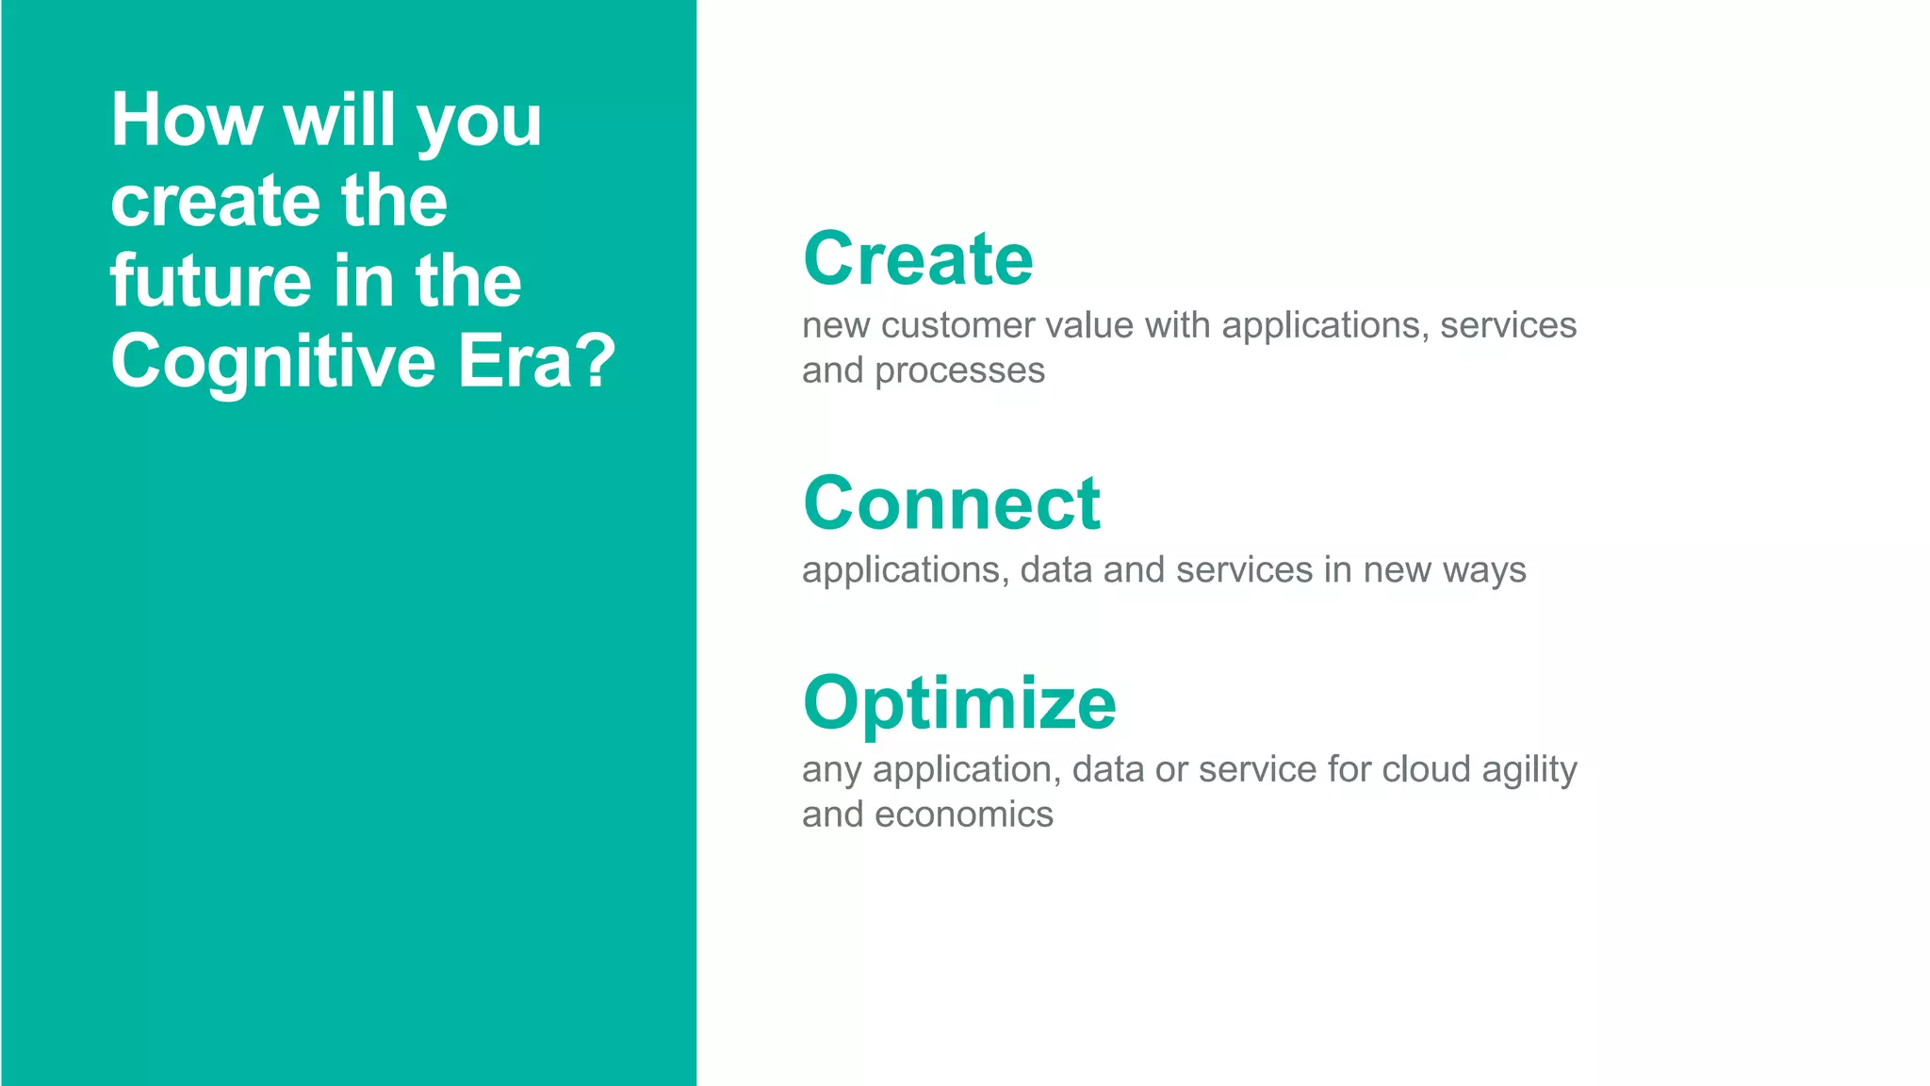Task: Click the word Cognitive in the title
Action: pyautogui.click(x=273, y=362)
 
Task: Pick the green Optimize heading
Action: pyautogui.click(x=959, y=703)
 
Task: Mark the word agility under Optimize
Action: pyautogui.click(x=1529, y=771)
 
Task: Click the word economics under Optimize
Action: pyautogui.click(x=963, y=814)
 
